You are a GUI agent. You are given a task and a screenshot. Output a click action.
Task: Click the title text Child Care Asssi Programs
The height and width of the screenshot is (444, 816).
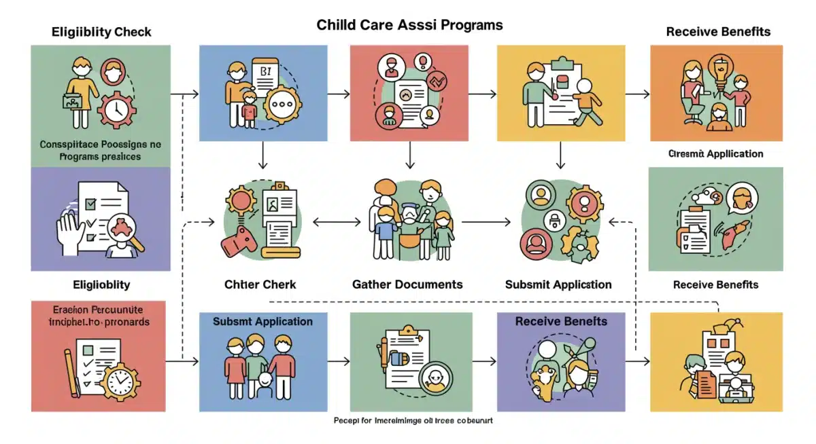click(x=409, y=25)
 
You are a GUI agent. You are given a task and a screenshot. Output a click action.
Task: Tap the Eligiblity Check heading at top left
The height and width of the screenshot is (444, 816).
click(x=101, y=32)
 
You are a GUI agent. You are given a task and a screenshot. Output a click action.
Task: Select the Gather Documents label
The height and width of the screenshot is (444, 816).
click(x=407, y=284)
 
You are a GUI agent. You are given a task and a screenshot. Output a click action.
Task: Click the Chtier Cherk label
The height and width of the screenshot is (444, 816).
click(x=260, y=284)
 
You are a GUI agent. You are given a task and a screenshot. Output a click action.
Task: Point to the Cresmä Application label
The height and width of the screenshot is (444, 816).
click(x=715, y=154)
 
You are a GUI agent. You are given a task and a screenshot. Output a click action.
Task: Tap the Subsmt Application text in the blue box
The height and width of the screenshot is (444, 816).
click(x=262, y=321)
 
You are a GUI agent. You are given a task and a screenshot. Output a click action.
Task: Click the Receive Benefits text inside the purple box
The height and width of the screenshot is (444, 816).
click(x=561, y=321)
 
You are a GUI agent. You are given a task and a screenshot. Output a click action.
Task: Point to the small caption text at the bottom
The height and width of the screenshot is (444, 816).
click(x=413, y=421)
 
